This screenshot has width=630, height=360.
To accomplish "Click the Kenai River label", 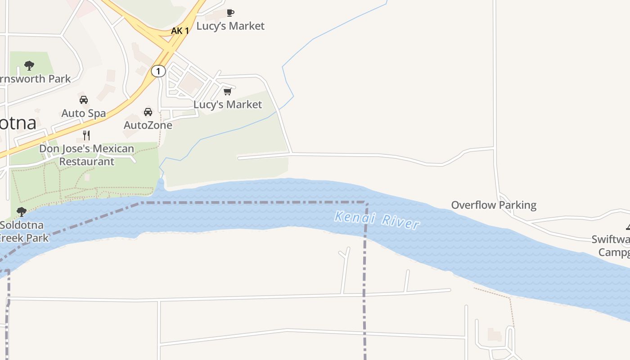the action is click(x=377, y=220).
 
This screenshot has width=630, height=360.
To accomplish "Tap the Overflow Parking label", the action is click(x=494, y=205).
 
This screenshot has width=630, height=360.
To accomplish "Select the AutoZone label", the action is click(x=148, y=125).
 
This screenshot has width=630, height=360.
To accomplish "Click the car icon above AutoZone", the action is click(x=148, y=112).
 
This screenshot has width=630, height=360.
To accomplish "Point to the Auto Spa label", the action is click(x=83, y=113).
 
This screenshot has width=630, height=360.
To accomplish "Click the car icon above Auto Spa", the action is click(x=83, y=100).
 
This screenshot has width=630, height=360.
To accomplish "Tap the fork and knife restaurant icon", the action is click(x=86, y=135).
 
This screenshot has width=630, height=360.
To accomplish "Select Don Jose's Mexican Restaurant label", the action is click(x=86, y=155).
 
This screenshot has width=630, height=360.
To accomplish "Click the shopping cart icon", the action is click(x=228, y=92).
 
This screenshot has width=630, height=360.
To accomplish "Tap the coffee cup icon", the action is click(x=230, y=13).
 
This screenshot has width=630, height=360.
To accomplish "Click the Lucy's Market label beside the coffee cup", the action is click(x=230, y=26).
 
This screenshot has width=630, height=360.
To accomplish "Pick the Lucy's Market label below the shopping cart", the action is click(x=228, y=104).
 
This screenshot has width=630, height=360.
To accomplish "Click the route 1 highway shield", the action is click(x=158, y=71).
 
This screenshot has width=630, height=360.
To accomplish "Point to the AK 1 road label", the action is click(x=180, y=31).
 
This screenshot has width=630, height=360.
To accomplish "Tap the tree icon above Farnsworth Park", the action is click(x=29, y=66).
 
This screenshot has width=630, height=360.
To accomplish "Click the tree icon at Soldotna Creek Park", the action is click(x=21, y=212).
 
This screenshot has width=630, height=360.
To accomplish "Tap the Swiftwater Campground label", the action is click(x=612, y=246).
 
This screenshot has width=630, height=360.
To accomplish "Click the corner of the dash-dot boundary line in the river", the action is click(x=366, y=202).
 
